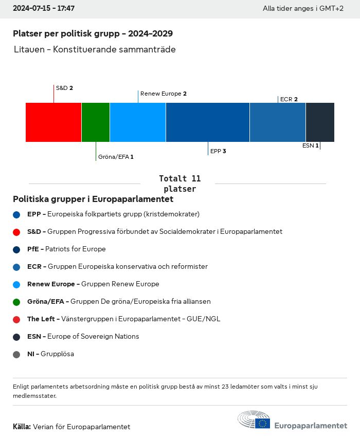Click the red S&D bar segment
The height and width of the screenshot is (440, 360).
pyautogui.click(x=53, y=122)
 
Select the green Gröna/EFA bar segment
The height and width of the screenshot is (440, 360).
pyautogui.click(x=96, y=122)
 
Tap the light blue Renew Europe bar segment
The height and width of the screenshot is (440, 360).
pyautogui.click(x=138, y=122)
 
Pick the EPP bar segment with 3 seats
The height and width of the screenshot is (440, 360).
pyautogui.click(x=208, y=122)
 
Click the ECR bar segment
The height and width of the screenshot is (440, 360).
pyautogui.click(x=278, y=122)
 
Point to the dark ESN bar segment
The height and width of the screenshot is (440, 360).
pyautogui.click(x=320, y=122)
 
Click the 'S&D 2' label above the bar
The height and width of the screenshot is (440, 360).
pyautogui.click(x=64, y=88)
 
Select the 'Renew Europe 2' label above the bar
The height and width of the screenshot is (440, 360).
pyautogui.click(x=163, y=94)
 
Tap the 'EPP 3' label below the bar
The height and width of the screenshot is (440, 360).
pyautogui.click(x=218, y=151)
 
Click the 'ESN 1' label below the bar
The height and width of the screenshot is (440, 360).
pyautogui.click(x=311, y=145)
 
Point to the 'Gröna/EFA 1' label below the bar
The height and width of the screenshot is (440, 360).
pyautogui.click(x=116, y=156)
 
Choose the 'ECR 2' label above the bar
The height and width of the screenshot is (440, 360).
pyautogui.click(x=289, y=99)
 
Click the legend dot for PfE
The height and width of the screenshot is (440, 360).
pyautogui.click(x=16, y=249)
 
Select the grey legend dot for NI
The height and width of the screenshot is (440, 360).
pyautogui.click(x=16, y=354)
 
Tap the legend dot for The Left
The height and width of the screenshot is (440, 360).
pyautogui.click(x=16, y=319)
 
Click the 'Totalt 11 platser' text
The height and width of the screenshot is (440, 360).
pyautogui.click(x=179, y=184)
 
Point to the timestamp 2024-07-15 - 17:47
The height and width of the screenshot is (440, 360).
pyautogui.click(x=44, y=9)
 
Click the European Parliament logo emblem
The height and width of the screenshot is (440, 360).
pyautogui.click(x=254, y=420)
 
